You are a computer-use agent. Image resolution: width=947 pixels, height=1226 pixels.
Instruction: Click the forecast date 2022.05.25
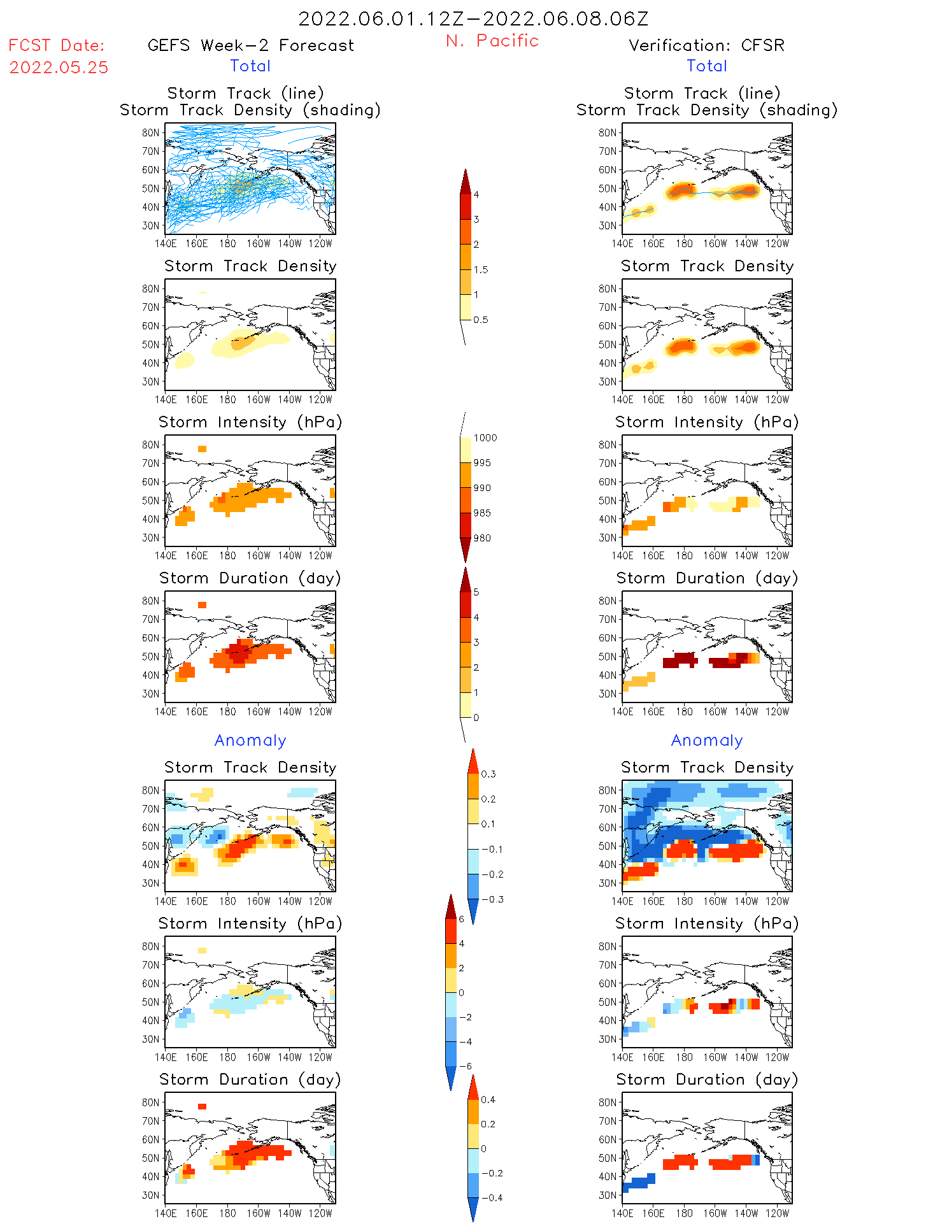point(59,68)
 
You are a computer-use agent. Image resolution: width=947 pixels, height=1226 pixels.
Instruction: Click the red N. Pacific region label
point(492,41)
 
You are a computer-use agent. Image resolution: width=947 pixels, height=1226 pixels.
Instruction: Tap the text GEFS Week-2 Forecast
point(250,45)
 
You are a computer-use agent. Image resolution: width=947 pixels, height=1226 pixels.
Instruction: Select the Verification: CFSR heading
point(706,45)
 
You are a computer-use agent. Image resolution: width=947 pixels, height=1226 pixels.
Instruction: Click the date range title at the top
point(473,18)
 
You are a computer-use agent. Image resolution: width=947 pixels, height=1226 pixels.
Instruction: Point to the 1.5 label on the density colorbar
point(481,269)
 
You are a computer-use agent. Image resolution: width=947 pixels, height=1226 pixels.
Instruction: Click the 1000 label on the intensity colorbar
point(485,438)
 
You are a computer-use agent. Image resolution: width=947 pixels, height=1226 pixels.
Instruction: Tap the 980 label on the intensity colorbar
point(482,538)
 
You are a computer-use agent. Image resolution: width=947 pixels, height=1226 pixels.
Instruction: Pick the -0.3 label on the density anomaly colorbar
point(492,899)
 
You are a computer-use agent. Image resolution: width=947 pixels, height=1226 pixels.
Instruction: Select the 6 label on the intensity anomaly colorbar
point(462,919)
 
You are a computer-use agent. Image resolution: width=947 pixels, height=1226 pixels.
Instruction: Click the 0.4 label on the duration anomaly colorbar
point(488,1099)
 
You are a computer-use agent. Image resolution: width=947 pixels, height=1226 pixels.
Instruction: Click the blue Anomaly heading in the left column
point(250,740)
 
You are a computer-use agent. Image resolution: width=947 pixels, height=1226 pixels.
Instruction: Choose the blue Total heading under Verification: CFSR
point(706,66)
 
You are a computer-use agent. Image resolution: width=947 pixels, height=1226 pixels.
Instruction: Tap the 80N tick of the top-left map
point(151,132)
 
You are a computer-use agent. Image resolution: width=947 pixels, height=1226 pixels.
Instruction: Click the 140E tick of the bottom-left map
point(166,1213)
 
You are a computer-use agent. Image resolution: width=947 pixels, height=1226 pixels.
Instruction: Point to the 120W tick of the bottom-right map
point(777,1213)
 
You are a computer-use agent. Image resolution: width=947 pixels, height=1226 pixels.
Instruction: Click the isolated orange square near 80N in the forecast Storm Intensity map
point(202,449)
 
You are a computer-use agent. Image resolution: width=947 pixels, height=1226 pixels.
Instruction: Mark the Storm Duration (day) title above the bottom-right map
point(706,1080)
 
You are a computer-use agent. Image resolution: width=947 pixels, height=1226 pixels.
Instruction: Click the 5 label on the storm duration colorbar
point(476,592)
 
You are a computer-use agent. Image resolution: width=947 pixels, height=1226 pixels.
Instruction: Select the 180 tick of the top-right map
point(684,243)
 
